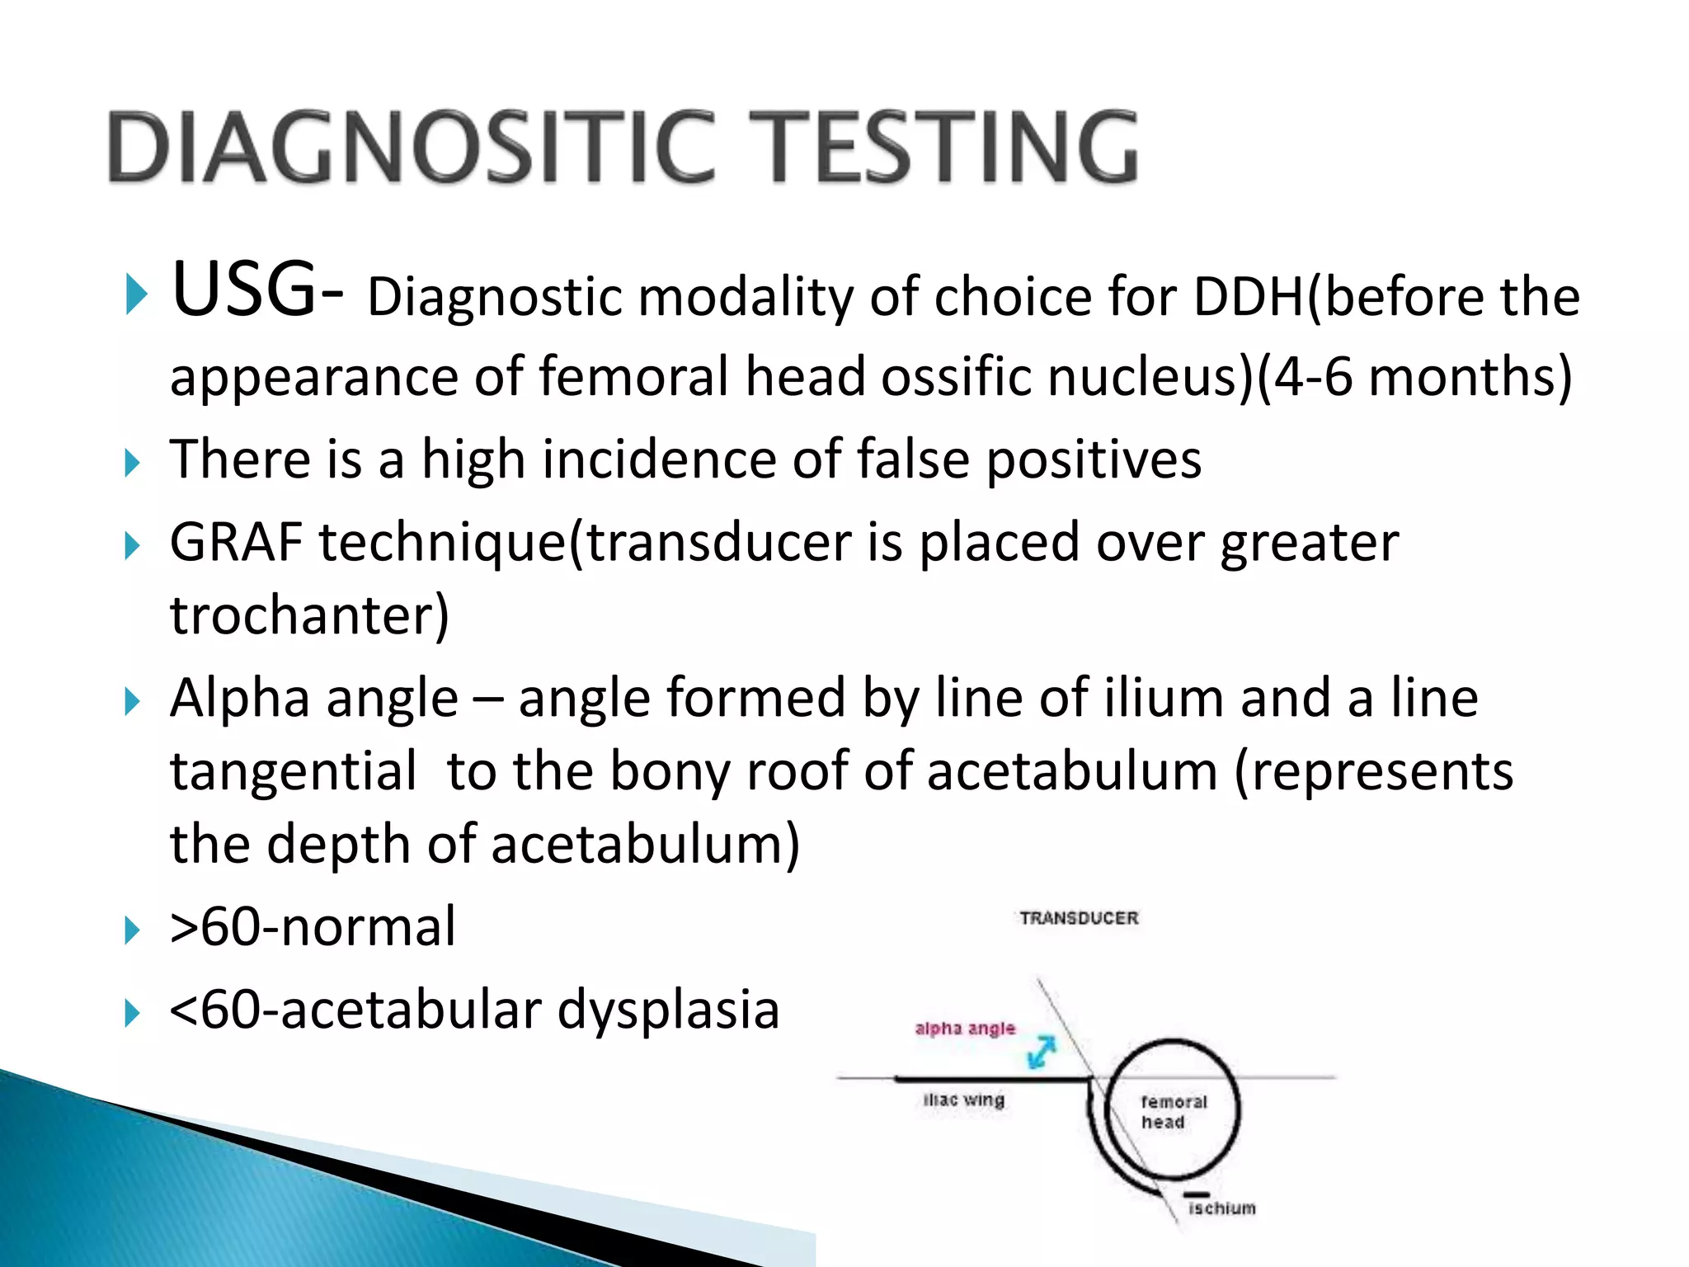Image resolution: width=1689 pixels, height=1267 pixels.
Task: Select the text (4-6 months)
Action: click(1414, 378)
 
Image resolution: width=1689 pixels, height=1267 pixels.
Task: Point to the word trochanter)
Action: click(309, 616)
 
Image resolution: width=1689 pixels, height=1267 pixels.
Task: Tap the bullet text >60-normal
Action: click(312, 927)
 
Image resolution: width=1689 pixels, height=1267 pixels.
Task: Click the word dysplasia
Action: click(668, 1010)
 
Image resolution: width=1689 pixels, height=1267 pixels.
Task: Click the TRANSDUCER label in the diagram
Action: click(1079, 918)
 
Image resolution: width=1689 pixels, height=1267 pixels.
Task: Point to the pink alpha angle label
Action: click(965, 1029)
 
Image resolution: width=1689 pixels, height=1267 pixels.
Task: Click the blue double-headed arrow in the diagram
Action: click(1042, 1052)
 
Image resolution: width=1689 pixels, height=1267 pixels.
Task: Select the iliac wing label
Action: click(963, 1100)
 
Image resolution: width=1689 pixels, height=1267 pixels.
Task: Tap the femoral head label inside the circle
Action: click(1173, 1112)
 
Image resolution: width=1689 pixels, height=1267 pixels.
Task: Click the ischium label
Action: click(1221, 1208)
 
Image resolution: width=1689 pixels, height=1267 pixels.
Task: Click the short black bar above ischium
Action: click(1197, 1194)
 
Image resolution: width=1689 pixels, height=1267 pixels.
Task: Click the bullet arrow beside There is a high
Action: click(133, 463)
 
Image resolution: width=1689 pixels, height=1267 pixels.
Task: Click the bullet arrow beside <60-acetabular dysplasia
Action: click(133, 1013)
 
